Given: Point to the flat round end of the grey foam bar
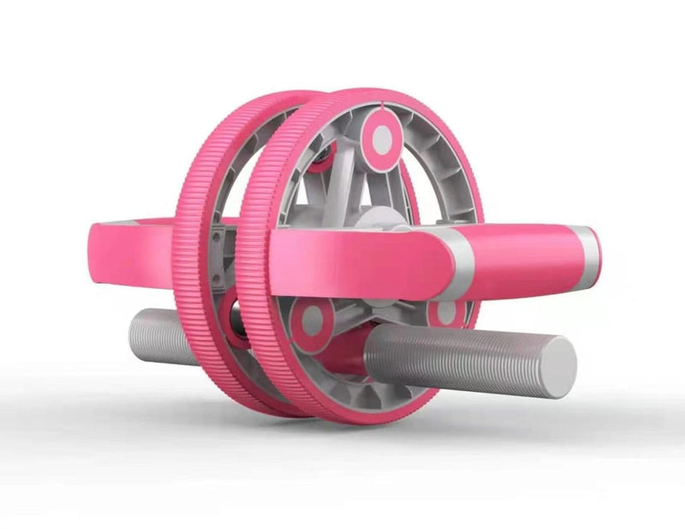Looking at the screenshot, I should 557,367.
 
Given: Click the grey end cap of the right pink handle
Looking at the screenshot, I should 587,254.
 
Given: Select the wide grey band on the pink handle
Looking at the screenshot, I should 455,261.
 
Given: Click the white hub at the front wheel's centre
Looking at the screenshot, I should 377,219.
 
